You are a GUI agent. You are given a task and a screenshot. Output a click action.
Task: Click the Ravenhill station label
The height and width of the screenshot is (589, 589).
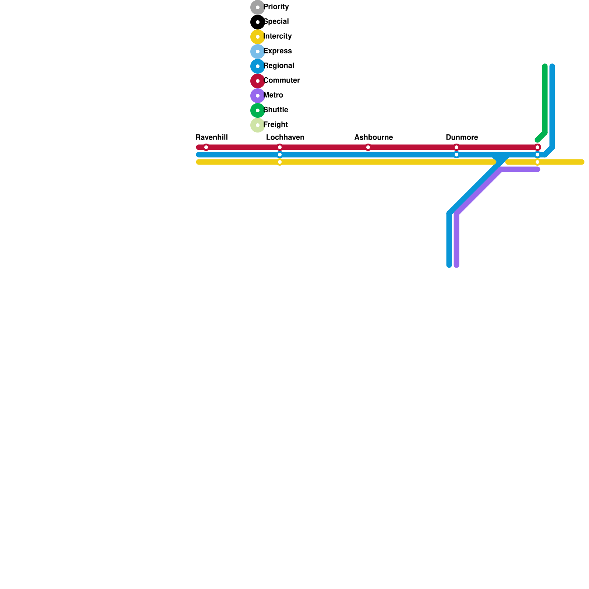[211, 138]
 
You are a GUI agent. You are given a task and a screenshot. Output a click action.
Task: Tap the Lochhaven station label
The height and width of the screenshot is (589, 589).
[285, 138]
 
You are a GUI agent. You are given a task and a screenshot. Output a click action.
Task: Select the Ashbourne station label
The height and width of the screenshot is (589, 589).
[373, 138]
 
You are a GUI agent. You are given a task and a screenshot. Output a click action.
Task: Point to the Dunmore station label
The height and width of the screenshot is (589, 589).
[462, 138]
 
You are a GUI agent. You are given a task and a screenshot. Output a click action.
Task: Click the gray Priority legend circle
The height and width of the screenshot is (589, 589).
[258, 7]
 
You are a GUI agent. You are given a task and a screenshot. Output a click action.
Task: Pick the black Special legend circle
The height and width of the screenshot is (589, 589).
[258, 22]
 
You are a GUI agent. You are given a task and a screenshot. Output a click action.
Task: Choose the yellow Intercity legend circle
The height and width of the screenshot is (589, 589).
[258, 37]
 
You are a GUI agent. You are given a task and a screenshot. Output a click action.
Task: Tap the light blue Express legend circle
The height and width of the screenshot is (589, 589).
[258, 52]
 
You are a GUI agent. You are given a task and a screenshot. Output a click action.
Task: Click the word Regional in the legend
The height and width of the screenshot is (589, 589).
[279, 66]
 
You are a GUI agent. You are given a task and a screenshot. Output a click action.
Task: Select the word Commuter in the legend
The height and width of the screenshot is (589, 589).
[282, 81]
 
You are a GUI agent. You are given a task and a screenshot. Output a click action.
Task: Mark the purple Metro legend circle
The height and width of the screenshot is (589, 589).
[258, 96]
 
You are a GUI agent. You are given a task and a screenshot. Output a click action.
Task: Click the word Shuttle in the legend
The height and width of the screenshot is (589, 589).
[276, 110]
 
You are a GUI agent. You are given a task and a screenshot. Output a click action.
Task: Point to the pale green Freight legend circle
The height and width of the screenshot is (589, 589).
[258, 125]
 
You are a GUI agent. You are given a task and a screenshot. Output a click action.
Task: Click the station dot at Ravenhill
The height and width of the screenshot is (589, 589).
[206, 148]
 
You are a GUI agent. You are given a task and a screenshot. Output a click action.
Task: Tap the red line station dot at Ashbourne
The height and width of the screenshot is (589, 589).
[368, 148]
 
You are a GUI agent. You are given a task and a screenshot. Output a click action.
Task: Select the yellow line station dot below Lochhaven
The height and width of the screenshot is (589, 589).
[280, 162]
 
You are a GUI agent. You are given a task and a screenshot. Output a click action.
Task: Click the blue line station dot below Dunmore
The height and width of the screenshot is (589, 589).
[456, 155]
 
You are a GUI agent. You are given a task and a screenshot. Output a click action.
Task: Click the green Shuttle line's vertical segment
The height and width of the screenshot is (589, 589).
[545, 99]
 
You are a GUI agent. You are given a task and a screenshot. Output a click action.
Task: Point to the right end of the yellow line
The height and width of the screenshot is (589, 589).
[582, 162]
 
